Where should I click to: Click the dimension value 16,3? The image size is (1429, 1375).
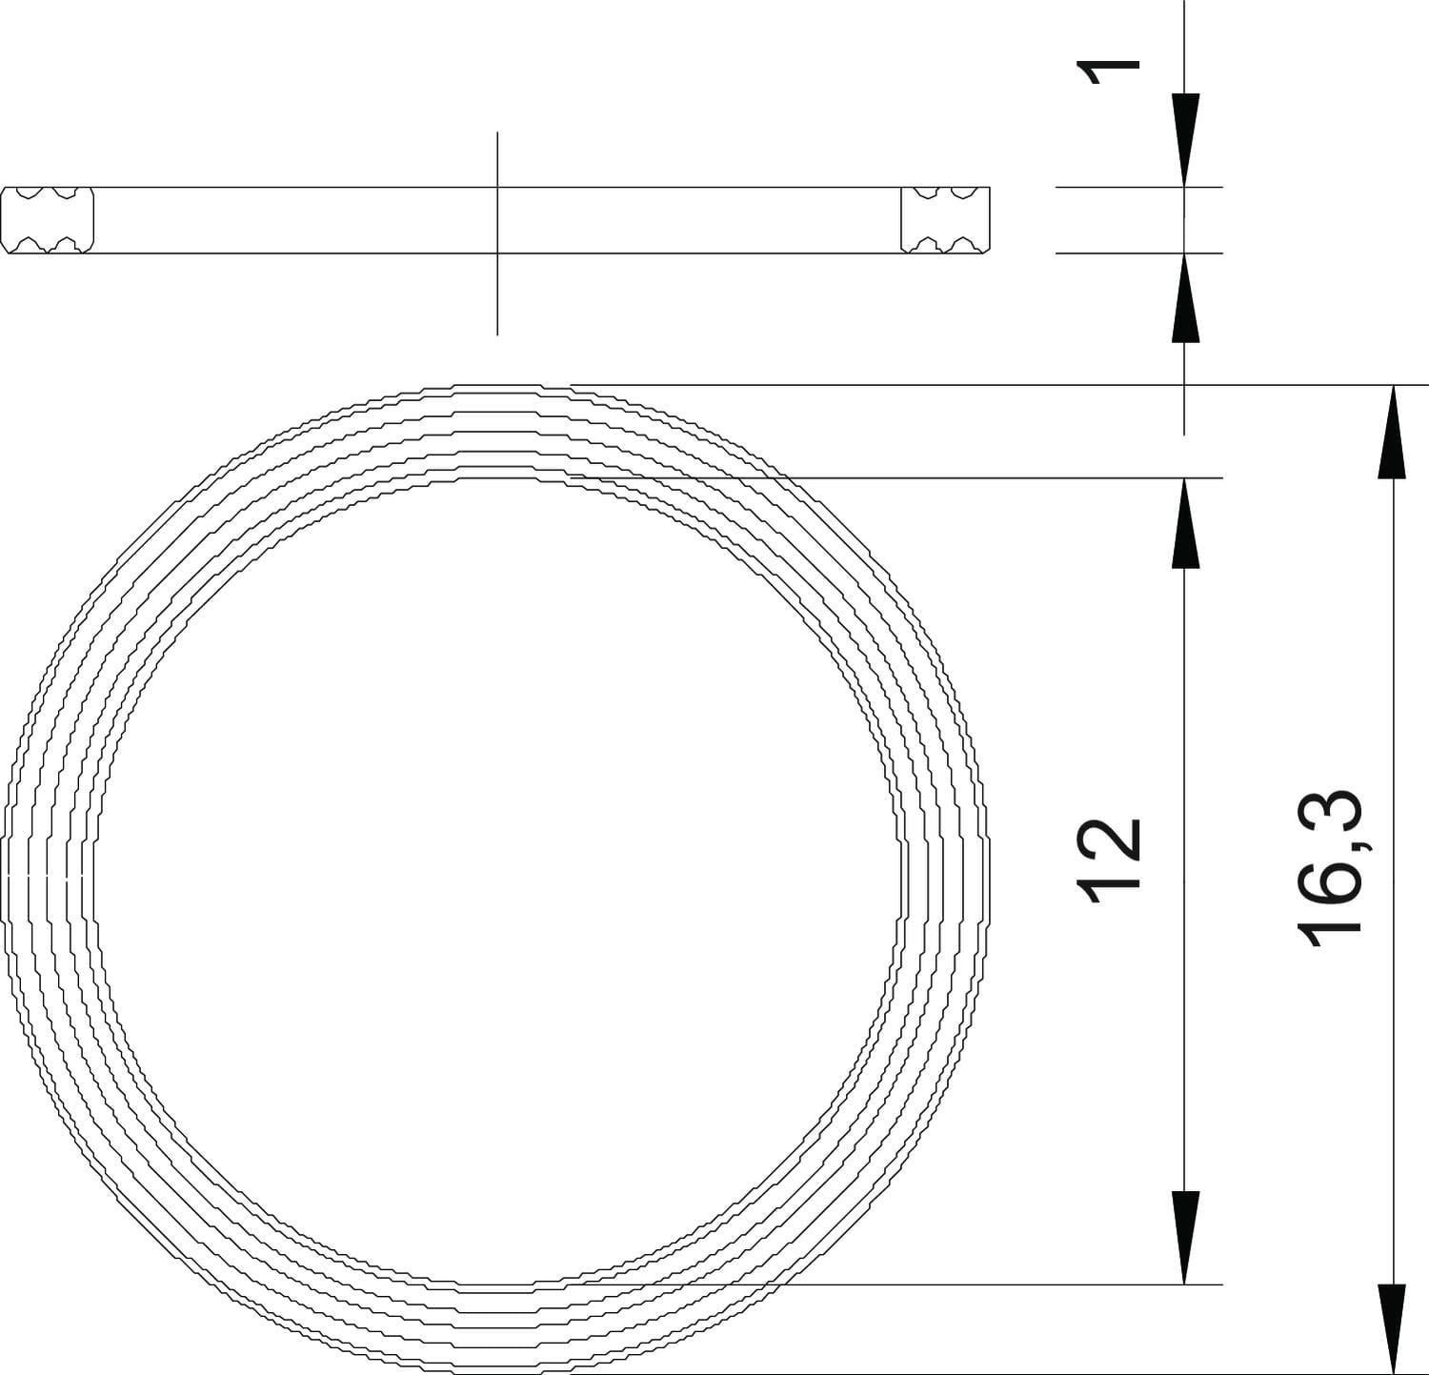(x=1331, y=867)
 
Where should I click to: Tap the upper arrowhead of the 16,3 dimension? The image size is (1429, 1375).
(x=1393, y=431)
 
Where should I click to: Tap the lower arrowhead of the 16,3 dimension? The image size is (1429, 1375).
(x=1393, y=1328)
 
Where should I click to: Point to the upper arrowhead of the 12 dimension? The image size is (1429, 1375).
(x=1184, y=523)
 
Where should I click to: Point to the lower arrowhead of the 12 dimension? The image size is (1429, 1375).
(x=1184, y=1238)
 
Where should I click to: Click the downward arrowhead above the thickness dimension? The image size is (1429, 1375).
(x=1184, y=140)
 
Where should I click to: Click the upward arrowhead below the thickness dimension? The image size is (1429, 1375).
(x=1184, y=298)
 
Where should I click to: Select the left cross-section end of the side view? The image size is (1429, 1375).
(x=48, y=220)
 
